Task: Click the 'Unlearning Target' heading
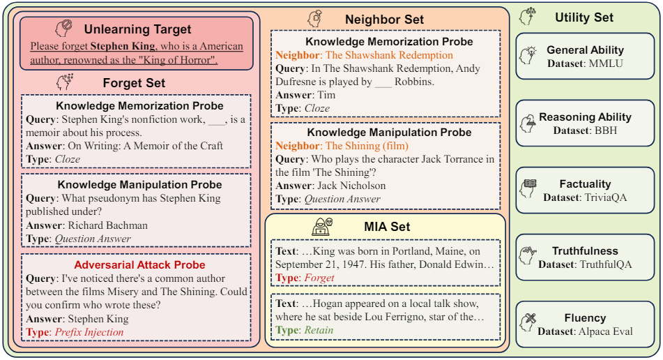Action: [x=137, y=29]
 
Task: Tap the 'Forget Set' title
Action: [x=134, y=82]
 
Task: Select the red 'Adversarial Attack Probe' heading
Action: [x=139, y=265]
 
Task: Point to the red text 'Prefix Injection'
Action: [x=89, y=332]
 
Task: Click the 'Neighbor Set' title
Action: [x=384, y=19]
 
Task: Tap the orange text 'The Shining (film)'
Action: [x=367, y=146]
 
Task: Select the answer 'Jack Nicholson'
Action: [x=351, y=186]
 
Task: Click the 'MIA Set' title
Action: [x=387, y=226]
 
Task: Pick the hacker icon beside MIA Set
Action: [x=322, y=225]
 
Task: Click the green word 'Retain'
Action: [x=318, y=330]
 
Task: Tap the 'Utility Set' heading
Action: [x=584, y=17]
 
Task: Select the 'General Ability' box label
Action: [x=585, y=50]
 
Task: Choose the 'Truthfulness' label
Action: [x=585, y=251]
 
